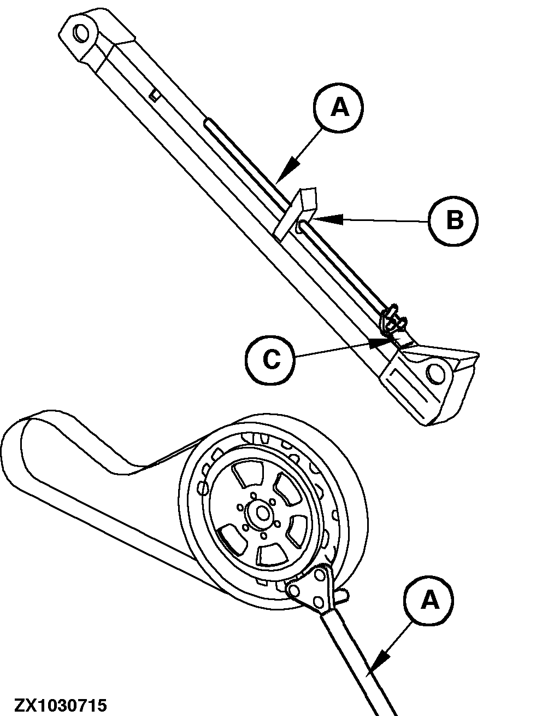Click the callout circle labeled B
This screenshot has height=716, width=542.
point(453,221)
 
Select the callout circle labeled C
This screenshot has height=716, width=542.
point(270,359)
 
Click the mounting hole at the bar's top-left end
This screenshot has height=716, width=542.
point(81,33)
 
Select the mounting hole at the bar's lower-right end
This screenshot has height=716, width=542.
point(437,372)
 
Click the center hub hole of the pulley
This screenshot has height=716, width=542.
point(263,513)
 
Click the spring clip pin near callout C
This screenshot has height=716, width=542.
point(393,320)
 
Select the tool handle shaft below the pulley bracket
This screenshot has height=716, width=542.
point(361,656)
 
